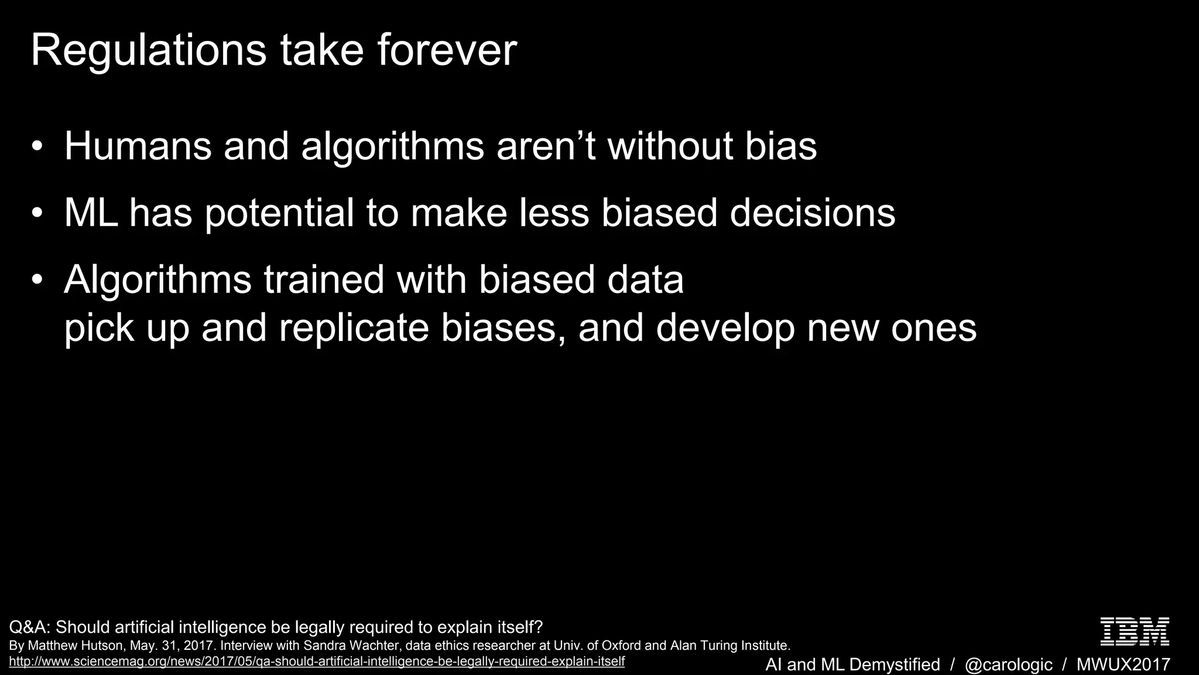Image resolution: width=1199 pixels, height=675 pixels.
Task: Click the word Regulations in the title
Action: [149, 52]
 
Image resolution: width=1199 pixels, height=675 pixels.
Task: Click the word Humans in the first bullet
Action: [138, 146]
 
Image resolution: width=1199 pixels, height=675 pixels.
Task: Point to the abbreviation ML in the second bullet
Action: [90, 213]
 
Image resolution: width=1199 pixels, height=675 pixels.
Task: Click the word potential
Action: [279, 214]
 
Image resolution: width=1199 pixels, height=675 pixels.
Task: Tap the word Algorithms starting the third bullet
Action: [158, 280]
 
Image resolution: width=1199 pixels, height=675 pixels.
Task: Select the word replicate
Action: [354, 328]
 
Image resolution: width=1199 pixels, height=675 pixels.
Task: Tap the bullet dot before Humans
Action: [37, 146]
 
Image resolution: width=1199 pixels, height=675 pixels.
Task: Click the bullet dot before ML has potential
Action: [37, 213]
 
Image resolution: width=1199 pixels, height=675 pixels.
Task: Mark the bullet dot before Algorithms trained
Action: [37, 279]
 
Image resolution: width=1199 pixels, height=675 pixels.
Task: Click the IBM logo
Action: [1135, 632]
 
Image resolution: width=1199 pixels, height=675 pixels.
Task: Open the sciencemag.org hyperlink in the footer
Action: [316, 662]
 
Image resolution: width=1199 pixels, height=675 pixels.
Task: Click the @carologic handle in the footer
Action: [1008, 664]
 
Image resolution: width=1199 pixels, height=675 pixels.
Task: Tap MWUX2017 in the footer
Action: [1123, 664]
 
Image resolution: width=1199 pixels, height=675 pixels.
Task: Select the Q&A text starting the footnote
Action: [29, 628]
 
